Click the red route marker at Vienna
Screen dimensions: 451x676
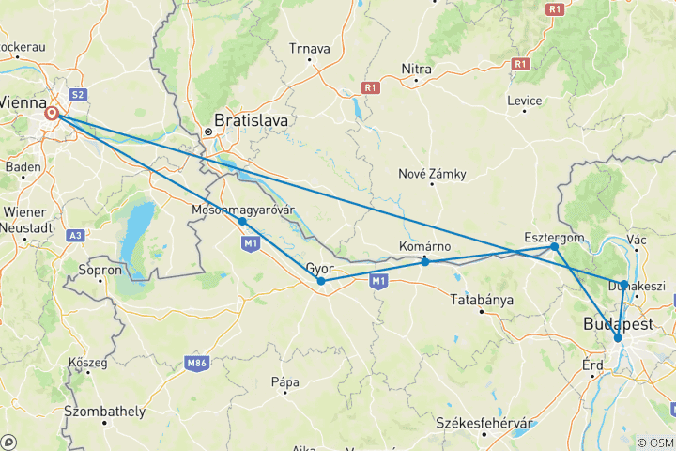tap(53, 114)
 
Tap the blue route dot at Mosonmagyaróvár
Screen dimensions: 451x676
tap(242, 221)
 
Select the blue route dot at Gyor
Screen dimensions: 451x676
tap(321, 281)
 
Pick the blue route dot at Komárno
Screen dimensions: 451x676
tap(425, 261)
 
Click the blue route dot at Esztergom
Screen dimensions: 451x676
tap(555, 246)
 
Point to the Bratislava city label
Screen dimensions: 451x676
tap(251, 120)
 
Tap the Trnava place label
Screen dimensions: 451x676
tap(310, 48)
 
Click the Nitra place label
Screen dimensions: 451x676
tap(416, 68)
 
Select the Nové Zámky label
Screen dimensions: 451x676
tap(432, 174)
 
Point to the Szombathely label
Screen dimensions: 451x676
tap(104, 412)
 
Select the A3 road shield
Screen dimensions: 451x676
tap(76, 235)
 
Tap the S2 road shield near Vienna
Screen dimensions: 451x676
tap(78, 94)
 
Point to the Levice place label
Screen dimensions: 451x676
tap(524, 101)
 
